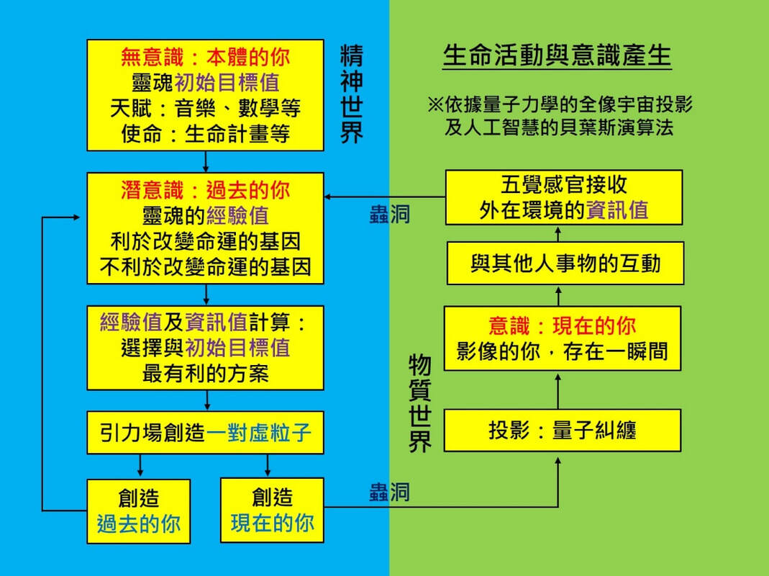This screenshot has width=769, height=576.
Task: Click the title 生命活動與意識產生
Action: coord(557,56)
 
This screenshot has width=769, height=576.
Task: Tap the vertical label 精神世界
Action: coord(352,95)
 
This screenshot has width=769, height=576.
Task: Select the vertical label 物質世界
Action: coord(420,403)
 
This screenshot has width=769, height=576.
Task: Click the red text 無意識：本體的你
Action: coord(205,56)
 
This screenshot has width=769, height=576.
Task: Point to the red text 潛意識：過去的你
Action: coord(205,189)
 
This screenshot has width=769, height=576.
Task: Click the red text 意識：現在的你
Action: coord(563,325)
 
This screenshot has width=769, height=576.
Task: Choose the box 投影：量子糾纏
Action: coord(563,431)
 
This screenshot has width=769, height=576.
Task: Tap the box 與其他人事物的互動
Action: coord(565,264)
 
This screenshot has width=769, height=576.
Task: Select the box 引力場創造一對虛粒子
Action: coord(205,433)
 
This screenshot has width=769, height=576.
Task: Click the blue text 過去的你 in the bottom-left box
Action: coord(139,523)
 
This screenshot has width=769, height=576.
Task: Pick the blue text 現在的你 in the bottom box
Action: coord(272,523)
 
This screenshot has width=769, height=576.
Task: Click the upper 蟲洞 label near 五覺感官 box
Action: coord(390,215)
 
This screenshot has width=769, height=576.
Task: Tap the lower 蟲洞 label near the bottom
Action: coord(390,492)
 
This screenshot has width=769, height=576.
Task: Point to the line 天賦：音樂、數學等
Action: coord(205,108)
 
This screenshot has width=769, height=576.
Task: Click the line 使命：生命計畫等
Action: coord(205,135)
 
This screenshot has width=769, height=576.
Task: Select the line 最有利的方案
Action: coord(205,374)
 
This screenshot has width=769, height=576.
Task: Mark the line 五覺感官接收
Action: coord(564,184)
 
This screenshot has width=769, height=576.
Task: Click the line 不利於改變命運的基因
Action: coord(205,267)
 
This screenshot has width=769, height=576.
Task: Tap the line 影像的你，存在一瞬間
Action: coord(563,351)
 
